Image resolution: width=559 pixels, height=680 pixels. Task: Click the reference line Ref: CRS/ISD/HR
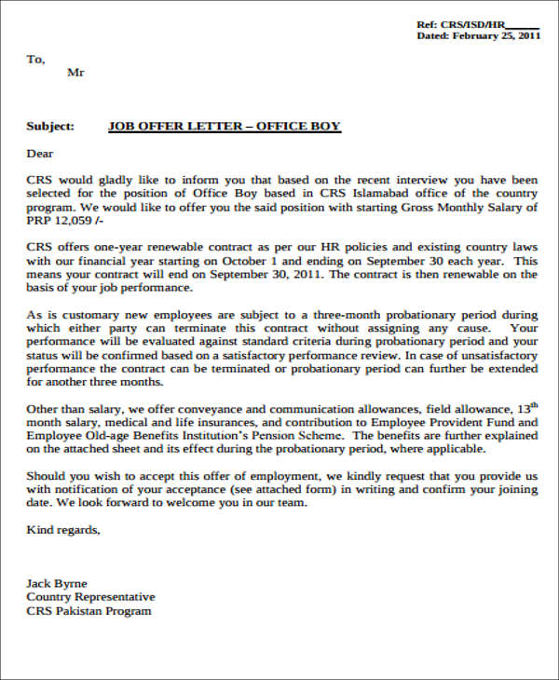476,23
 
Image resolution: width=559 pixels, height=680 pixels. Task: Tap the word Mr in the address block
76,74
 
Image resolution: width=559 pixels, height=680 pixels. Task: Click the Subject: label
50,127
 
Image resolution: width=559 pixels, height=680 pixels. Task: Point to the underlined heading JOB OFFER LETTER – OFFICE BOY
225,127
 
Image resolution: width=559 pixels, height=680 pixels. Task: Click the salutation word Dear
40,154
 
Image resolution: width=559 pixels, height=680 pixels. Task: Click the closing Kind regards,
62,530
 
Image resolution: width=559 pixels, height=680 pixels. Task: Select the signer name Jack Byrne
58,583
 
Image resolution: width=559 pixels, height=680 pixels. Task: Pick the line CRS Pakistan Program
89,611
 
